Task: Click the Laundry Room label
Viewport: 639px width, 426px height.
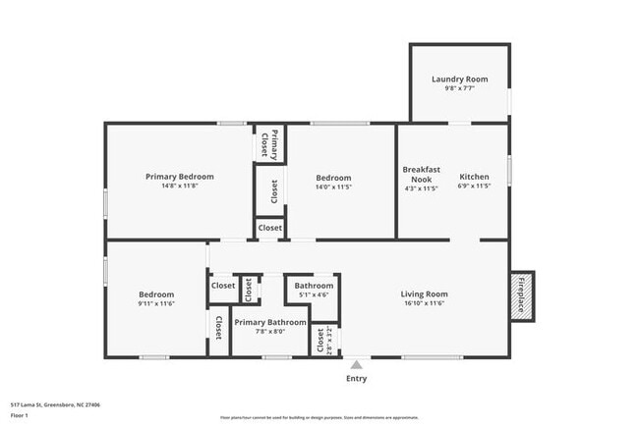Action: click(459, 80)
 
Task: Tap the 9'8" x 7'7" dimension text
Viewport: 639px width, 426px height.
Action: click(459, 90)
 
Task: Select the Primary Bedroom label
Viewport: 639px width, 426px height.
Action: click(180, 177)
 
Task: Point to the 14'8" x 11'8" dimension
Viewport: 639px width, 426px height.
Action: click(180, 187)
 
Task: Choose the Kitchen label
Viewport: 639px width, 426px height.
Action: click(475, 177)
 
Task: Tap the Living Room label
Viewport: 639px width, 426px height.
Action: click(424, 293)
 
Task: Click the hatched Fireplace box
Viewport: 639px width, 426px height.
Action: click(521, 294)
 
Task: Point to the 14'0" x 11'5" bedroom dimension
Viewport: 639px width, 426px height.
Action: click(333, 187)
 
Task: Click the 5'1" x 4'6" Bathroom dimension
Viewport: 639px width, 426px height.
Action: click(314, 294)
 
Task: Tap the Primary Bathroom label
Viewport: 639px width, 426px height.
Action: click(270, 322)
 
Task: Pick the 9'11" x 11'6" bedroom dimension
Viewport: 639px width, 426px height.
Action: click(156, 304)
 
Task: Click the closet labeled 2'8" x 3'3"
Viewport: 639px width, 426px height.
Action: click(321, 340)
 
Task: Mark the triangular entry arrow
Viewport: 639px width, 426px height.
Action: click(356, 363)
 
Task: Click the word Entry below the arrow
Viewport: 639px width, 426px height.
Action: click(356, 378)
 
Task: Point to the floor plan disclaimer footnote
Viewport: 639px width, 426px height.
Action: click(319, 417)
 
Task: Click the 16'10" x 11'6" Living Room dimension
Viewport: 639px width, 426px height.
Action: click(424, 304)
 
